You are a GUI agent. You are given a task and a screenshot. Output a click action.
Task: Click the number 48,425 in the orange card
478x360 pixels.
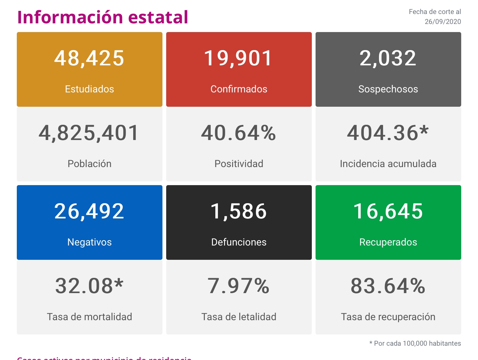click(x=89, y=58)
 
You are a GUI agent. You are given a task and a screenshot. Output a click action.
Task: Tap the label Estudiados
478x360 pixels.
click(x=89, y=89)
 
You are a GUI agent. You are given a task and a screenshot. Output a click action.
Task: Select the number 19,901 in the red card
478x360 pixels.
click(x=239, y=58)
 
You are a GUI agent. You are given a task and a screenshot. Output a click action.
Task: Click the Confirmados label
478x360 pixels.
click(x=239, y=89)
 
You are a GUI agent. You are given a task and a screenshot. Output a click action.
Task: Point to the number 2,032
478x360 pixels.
click(x=388, y=58)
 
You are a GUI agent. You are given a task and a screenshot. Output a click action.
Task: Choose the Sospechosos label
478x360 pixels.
click(x=388, y=89)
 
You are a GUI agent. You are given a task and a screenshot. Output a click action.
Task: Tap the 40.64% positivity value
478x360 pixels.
click(x=239, y=133)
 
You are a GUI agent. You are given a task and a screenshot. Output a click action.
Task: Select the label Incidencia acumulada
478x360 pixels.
click(x=388, y=164)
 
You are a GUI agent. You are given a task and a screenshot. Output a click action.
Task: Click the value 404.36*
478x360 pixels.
click(x=388, y=133)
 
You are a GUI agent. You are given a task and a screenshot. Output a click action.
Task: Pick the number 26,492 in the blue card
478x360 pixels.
click(x=89, y=211)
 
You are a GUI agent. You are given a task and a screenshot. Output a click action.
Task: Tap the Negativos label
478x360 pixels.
click(x=89, y=242)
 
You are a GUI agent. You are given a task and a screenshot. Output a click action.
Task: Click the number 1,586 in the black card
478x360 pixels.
click(x=239, y=211)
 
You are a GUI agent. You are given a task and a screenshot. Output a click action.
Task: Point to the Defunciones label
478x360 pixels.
click(x=239, y=242)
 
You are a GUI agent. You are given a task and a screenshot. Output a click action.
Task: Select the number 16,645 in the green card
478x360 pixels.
click(x=388, y=211)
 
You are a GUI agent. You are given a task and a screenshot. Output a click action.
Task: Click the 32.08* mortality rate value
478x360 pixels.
click(x=89, y=286)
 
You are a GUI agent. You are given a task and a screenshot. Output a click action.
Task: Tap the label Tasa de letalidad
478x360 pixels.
click(x=239, y=317)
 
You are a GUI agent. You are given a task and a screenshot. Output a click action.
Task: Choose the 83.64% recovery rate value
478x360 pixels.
click(x=388, y=286)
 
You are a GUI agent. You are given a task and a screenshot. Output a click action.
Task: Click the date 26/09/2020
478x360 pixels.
click(x=443, y=21)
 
